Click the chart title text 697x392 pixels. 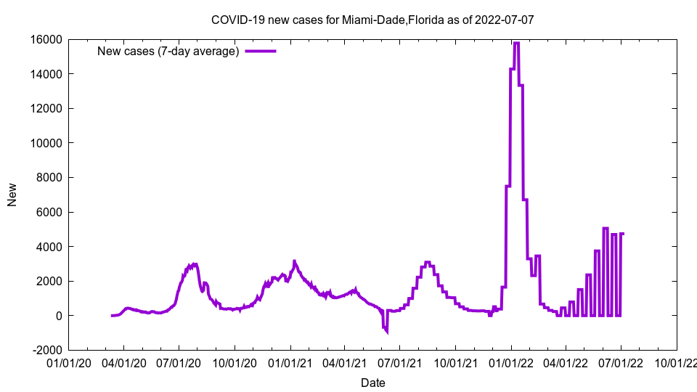tap(372, 20)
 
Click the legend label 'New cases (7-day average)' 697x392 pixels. tap(168, 51)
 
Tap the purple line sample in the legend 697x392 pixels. tap(261, 51)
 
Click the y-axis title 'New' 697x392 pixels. tap(12, 195)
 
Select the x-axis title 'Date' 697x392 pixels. tap(372, 383)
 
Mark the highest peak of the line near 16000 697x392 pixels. tap(516, 44)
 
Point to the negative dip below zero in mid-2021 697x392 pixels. tap(386, 331)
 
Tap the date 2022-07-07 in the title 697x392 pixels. tap(504, 20)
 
